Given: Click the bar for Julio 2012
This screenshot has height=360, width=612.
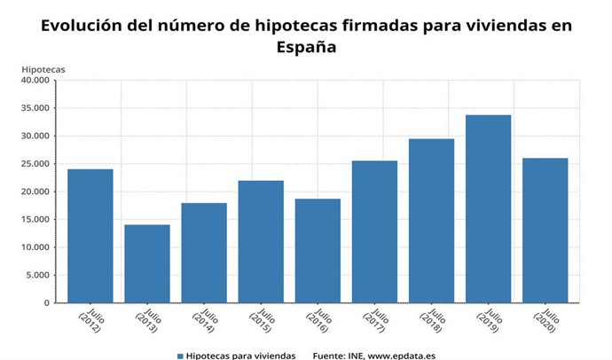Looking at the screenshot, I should click(90, 236).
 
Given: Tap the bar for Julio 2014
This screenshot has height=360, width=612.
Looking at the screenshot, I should click(204, 253).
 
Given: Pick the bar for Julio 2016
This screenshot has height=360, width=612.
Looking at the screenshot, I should click(318, 250).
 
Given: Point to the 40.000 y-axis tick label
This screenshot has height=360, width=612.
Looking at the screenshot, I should click(35, 81).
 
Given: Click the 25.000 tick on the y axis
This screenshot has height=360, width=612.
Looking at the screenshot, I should click(35, 164).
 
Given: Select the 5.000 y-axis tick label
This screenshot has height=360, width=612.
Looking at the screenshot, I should click(37, 275).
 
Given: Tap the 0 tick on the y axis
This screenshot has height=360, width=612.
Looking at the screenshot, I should click(46, 303).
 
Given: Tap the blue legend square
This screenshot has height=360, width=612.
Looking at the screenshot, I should click(180, 356).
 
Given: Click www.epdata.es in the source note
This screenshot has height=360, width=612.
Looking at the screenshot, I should click(403, 356).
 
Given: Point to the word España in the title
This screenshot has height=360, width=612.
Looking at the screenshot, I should click(305, 49).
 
